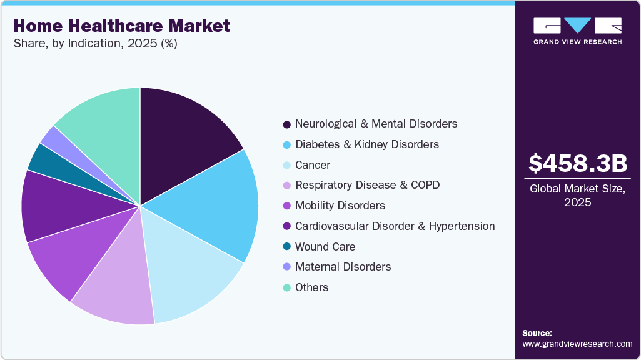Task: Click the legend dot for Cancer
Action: [x=286, y=165]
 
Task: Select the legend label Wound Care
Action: [x=326, y=247]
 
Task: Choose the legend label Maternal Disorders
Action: [x=343, y=267]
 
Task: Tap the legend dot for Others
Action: [x=286, y=287]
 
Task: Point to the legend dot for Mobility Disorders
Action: [x=286, y=206]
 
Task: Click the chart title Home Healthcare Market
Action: [x=122, y=26]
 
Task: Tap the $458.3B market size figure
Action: [x=577, y=163]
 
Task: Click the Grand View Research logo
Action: [x=577, y=30]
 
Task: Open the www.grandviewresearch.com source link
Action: [x=577, y=344]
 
